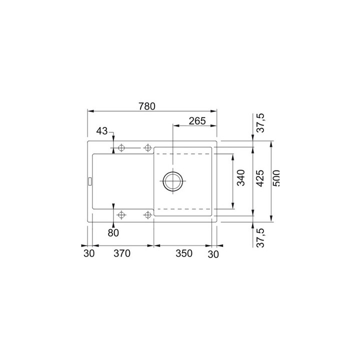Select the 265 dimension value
(198, 120)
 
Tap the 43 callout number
(102, 131)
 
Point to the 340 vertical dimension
(240, 178)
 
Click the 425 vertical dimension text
(259, 178)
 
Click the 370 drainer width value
(121, 253)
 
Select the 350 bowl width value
(184, 253)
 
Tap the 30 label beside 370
(88, 253)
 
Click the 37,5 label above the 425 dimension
(259, 123)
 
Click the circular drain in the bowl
(172, 181)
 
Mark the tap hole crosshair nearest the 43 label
(121, 148)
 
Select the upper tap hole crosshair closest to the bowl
(147, 148)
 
